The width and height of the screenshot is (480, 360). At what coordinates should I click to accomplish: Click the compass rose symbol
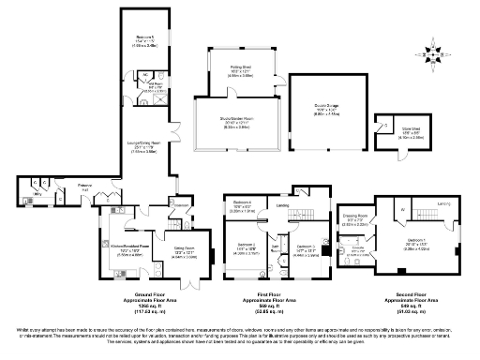click(x=434, y=55)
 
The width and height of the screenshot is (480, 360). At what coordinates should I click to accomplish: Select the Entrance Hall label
click(x=87, y=188)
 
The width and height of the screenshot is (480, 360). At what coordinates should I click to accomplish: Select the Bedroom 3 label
click(x=307, y=248)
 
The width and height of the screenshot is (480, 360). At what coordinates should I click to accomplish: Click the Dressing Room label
click(x=355, y=222)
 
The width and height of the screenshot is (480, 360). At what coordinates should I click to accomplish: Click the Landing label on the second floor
click(x=445, y=203)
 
